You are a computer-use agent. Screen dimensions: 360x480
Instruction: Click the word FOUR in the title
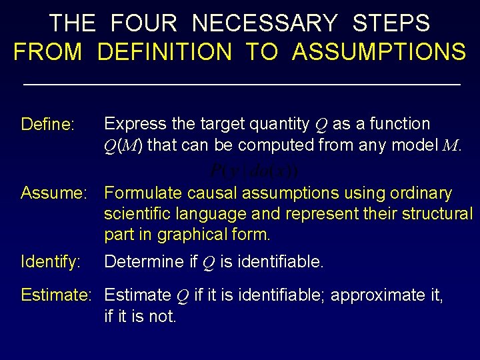(143, 23)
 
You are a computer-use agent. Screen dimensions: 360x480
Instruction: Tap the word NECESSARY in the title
(265, 23)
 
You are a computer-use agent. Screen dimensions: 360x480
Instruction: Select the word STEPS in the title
(391, 23)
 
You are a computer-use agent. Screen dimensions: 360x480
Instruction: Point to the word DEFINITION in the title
(165, 51)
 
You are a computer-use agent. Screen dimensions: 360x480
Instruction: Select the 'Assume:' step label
(58, 193)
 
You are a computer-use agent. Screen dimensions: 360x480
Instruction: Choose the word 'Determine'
(143, 262)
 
